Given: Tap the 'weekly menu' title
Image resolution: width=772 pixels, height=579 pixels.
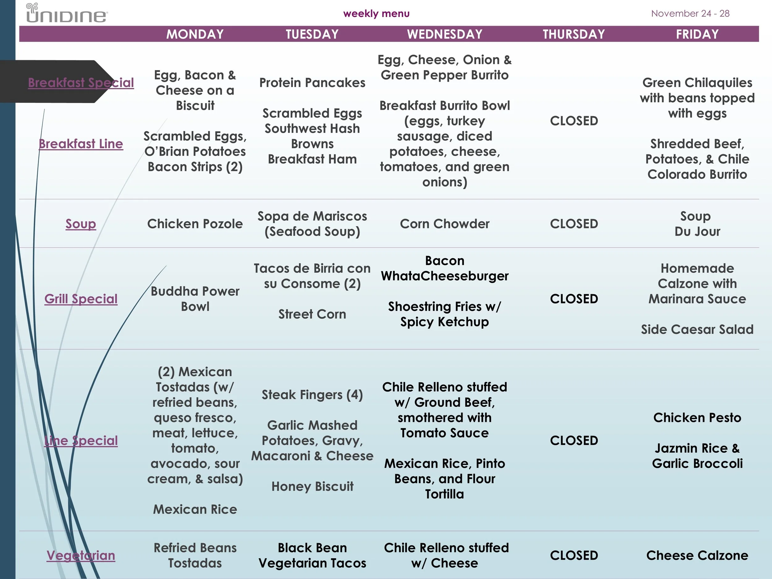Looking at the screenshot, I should tap(376, 14).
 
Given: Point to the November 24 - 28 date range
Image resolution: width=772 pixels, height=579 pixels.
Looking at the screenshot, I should tap(690, 14).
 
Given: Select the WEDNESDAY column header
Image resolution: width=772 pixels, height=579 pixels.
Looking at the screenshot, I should tap(445, 34).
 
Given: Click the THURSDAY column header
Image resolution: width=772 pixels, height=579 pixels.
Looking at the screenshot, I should tap(574, 34).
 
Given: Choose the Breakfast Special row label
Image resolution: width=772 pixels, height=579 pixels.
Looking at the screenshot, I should tap(81, 83).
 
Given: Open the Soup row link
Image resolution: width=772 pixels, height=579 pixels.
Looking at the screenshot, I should tap(81, 224).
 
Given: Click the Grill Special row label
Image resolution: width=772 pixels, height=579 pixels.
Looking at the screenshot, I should tap(81, 299).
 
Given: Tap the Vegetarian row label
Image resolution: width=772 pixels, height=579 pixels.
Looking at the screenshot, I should tap(81, 555).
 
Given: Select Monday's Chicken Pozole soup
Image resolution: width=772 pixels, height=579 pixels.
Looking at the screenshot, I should tap(195, 224).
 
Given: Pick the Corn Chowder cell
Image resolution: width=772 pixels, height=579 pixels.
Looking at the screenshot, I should tap(445, 224).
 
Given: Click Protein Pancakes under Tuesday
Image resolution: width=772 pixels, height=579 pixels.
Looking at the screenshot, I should tap(312, 83).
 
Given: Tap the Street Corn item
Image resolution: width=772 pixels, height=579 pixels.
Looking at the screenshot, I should tap(312, 314).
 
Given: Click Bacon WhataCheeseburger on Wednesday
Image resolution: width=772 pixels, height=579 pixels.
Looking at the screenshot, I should tap(445, 268).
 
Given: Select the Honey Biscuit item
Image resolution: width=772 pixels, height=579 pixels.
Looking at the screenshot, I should tap(312, 486).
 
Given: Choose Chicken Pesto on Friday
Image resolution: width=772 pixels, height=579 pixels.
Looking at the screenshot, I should tap(697, 418).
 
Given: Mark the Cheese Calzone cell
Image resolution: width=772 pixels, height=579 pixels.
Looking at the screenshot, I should tap(697, 555).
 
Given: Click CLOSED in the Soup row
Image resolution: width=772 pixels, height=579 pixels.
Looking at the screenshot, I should tap(574, 224).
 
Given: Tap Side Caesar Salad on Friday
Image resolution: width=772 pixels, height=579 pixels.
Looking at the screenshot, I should tap(697, 329).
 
